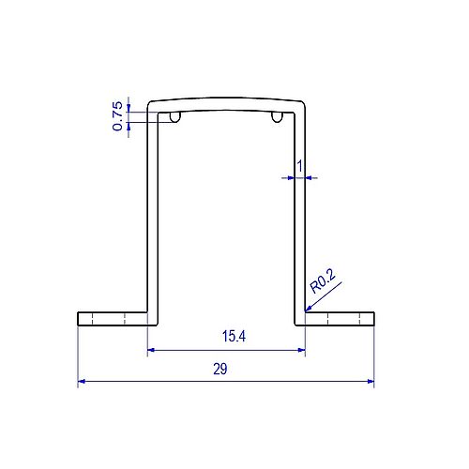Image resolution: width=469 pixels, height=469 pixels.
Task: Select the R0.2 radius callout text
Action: pyautogui.click(x=324, y=279)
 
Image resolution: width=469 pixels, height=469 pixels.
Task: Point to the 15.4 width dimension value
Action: pyautogui.click(x=234, y=336)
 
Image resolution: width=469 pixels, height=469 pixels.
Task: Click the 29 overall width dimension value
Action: pyautogui.click(x=219, y=370)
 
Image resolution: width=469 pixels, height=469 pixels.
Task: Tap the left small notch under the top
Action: pyautogui.click(x=175, y=117)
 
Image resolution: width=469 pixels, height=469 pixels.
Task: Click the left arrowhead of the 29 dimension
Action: pyautogui.click(x=82, y=382)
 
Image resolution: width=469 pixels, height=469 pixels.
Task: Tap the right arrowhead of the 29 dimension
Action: pyautogui.click(x=370, y=382)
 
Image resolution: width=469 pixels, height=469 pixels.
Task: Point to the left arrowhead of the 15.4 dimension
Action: pyautogui.click(x=153, y=351)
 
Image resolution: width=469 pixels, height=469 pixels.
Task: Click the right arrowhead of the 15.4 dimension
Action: pyautogui.click(x=301, y=351)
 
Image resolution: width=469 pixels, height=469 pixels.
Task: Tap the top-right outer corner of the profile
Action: pyautogui.click(x=305, y=99)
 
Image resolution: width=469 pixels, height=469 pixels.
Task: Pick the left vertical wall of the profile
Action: pyautogui.click(x=152, y=216)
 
